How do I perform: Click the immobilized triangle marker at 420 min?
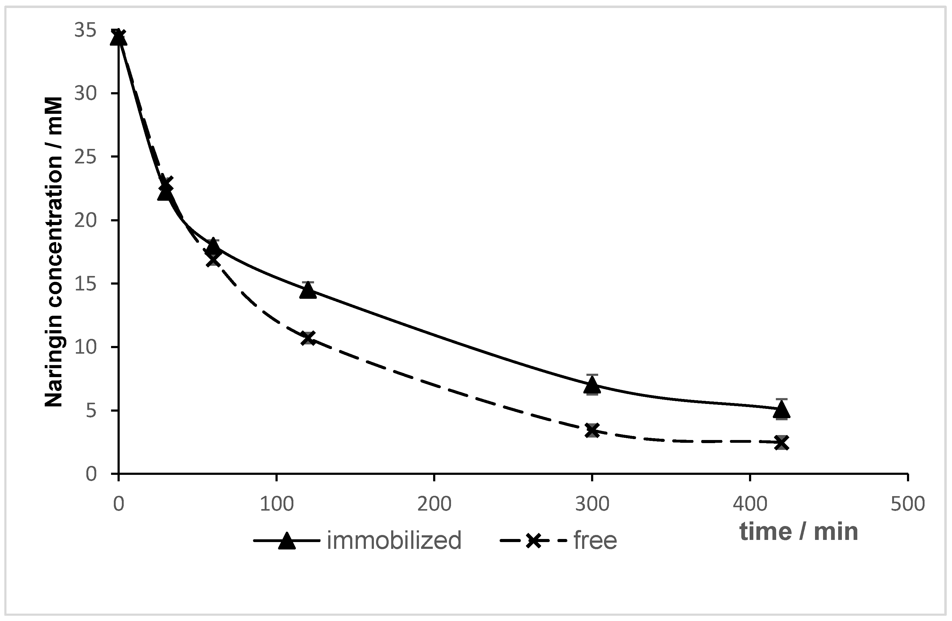coord(782,409)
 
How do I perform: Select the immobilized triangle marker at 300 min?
coord(592,385)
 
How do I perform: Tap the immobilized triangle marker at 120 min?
coord(308,290)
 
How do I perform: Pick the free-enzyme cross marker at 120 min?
coord(308,338)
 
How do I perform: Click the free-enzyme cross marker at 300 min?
coord(592,431)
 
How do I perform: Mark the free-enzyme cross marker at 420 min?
coord(782,443)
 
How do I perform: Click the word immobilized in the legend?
coord(394,541)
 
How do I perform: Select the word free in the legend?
coord(595,541)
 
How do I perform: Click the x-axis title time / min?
coord(798,532)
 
